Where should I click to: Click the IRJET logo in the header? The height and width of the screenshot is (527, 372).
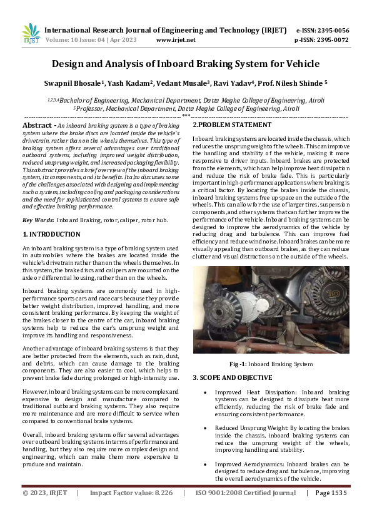click(x=30, y=34)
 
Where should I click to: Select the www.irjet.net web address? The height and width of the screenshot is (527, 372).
click(x=175, y=39)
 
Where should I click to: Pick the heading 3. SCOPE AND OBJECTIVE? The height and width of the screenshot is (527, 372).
click(x=232, y=377)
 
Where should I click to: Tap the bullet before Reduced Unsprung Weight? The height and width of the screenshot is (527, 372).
click(x=206, y=427)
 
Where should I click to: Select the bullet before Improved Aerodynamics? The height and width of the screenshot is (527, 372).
click(x=206, y=463)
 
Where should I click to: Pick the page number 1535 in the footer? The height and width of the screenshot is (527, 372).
click(x=339, y=510)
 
